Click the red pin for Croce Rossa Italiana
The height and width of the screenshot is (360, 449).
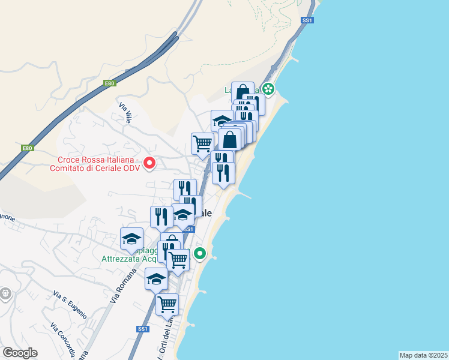coord(148,162)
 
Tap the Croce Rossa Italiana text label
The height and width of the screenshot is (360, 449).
coord(98,164)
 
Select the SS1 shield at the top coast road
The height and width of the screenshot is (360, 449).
coord(308,20)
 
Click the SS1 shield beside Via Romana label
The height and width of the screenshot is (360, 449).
coord(142,329)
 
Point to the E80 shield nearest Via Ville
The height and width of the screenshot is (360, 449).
coord(109,83)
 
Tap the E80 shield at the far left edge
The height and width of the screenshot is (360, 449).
coord(27,148)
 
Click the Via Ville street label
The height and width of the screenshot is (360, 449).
coord(125,113)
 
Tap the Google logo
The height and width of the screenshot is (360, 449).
coord(20,353)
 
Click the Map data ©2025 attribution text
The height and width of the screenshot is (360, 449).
coord(423,355)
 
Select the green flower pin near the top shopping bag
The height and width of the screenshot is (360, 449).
coord(268,90)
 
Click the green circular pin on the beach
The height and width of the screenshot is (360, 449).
coord(199,254)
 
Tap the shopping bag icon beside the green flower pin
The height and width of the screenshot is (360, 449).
coord(243,92)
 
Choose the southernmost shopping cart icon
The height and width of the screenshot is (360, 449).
coord(167,304)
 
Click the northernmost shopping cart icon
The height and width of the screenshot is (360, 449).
coord(202,143)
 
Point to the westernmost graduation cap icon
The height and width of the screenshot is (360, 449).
coord(131,239)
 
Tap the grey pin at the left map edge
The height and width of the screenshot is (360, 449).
coord(5,293)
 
